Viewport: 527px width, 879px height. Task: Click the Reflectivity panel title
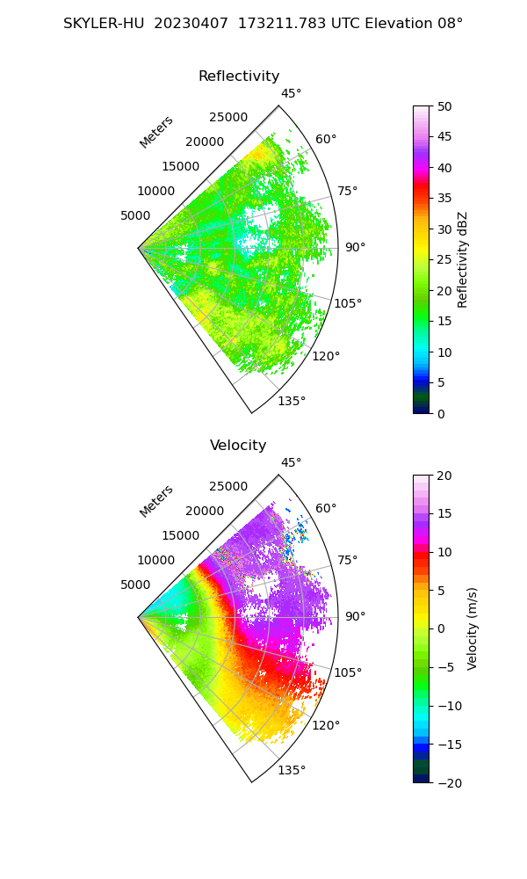point(239,76)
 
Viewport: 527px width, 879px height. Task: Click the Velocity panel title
point(238,446)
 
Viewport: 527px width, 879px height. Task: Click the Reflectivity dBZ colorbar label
point(463,259)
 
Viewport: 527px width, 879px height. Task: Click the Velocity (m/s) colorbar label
point(472,628)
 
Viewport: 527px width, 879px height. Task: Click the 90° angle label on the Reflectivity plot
point(355,248)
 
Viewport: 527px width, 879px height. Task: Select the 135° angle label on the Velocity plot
point(292,770)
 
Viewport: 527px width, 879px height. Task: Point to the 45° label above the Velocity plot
point(291,462)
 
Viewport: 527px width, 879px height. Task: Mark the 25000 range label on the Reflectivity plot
point(228,118)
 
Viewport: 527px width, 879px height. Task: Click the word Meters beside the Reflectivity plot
point(156,132)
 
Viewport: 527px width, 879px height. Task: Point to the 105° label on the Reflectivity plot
point(348,303)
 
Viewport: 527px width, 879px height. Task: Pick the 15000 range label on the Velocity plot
point(180,535)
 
